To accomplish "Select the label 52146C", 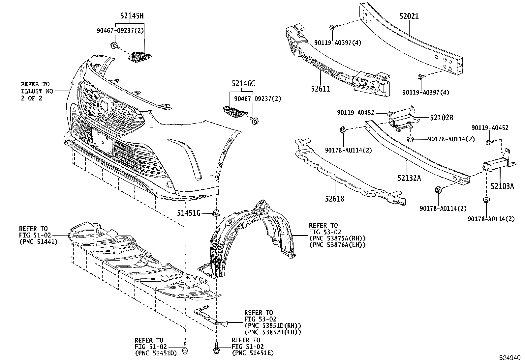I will [243, 84].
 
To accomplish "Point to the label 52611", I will [320, 89].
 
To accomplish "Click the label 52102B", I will [441, 118].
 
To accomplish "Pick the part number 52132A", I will [409, 178].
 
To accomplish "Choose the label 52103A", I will [502, 186].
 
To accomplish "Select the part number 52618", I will [334, 199].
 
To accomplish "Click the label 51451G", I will [189, 213].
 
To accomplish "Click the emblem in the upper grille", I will [107, 106].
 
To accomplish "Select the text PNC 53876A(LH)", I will [337, 245].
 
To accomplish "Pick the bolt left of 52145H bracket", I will [114, 46].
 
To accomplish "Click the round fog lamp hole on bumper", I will [169, 184].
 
